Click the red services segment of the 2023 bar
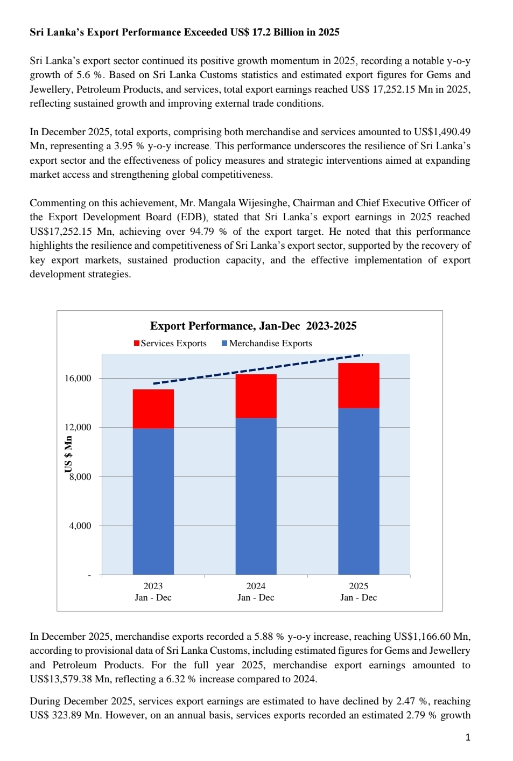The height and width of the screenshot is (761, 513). [153, 409]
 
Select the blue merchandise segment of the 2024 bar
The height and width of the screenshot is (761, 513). [256, 495]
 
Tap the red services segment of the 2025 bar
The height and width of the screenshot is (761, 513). [359, 385]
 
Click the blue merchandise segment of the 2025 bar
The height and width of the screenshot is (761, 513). [359, 490]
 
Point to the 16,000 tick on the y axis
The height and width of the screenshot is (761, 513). [78, 378]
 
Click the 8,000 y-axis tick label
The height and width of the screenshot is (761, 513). [80, 477]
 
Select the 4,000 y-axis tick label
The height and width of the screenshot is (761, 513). [80, 526]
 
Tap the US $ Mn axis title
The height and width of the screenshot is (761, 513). [68, 453]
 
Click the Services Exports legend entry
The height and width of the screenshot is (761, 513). [170, 343]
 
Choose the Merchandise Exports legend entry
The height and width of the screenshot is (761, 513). [267, 343]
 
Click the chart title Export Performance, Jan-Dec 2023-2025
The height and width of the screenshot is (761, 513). [253, 326]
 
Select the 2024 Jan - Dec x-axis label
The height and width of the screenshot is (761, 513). [256, 591]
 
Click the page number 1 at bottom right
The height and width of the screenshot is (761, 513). [468, 737]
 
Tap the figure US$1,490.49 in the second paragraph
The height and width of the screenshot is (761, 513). [441, 132]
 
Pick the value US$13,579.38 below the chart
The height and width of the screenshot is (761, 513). [61, 679]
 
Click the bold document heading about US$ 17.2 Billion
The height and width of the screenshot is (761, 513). [184, 32]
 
